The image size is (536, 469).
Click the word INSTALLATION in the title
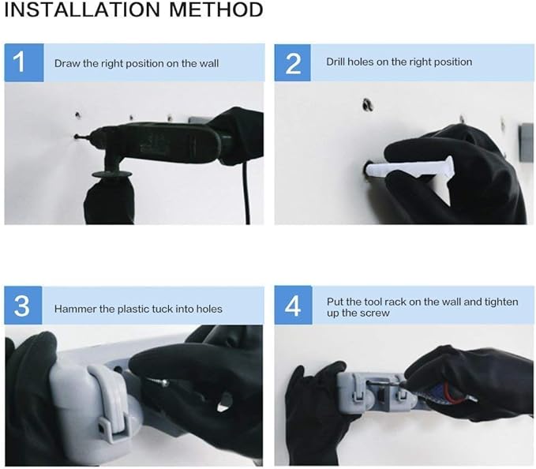(x=82, y=9)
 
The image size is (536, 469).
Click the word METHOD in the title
(x=216, y=9)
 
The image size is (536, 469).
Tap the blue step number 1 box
(x=24, y=62)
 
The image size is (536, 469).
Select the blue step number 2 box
(x=293, y=62)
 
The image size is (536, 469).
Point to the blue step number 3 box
(x=23, y=306)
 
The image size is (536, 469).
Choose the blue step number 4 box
(x=294, y=306)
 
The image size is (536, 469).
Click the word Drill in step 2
(x=335, y=62)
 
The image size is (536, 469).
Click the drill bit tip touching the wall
(x=76, y=137)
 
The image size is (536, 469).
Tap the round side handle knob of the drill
(x=112, y=174)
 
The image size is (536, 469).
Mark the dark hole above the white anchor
(x=368, y=104)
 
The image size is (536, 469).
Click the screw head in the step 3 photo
(x=165, y=382)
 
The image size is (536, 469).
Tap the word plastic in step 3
(x=134, y=309)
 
